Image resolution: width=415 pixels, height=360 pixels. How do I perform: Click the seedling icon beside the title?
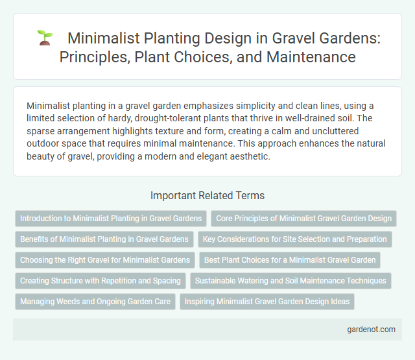(x=45, y=38)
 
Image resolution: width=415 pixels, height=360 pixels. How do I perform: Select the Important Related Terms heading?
(x=207, y=195)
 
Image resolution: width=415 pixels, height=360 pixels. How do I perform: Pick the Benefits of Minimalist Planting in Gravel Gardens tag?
(x=104, y=239)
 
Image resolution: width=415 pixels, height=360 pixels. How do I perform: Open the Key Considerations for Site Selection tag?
(x=295, y=239)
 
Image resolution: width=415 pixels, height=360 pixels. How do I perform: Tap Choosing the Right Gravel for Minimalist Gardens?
(x=105, y=260)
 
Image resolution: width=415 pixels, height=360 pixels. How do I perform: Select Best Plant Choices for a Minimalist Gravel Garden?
(x=289, y=260)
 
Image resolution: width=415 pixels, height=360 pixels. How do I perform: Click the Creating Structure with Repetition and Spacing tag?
(x=101, y=281)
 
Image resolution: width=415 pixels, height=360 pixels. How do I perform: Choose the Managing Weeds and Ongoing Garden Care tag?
(x=95, y=302)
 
